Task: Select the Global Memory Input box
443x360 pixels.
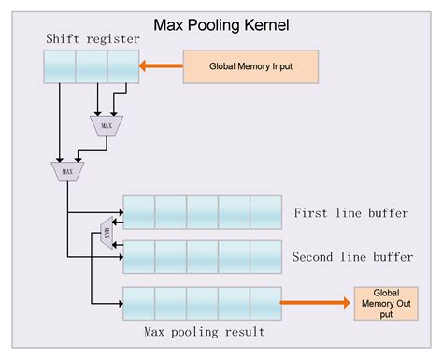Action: point(250,66)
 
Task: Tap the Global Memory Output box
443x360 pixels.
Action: point(385,303)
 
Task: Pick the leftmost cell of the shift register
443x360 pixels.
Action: point(59,66)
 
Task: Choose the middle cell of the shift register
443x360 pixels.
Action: point(91,66)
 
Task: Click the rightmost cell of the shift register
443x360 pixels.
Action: point(122,66)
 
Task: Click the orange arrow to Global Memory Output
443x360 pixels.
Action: point(315,303)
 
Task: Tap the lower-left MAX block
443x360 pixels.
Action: point(65,171)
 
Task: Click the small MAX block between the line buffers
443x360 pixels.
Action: point(106,233)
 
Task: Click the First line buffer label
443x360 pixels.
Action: point(350,213)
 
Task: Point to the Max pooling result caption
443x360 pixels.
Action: point(204,332)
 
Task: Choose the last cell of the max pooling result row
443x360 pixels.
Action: point(265,303)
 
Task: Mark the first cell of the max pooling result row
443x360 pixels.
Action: point(139,303)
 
